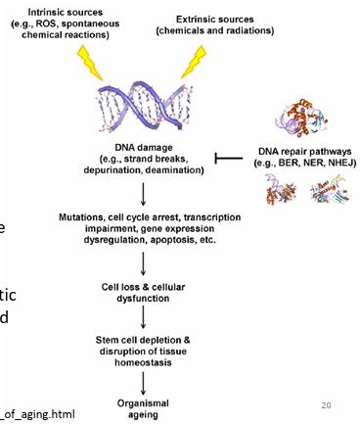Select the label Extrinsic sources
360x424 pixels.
click(217, 20)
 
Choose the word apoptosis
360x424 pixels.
click(187, 238)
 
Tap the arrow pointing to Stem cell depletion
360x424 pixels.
click(145, 317)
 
